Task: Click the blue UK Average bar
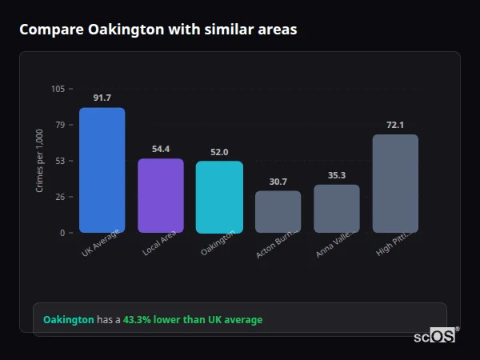point(102,170)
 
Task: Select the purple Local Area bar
point(161,196)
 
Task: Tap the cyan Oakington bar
point(219,198)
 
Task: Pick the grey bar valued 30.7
point(278,212)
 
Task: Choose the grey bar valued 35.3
point(337,209)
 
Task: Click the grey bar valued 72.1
point(395,184)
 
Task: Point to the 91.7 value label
point(102,98)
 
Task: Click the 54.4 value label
point(161,149)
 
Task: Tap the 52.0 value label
point(219,152)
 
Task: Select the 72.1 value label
point(395,125)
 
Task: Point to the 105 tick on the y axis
point(58,89)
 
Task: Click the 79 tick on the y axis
point(60,125)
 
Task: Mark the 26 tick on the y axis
point(60,197)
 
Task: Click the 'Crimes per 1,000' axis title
point(39,161)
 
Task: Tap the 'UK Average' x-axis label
point(101,244)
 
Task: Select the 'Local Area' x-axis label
point(160,244)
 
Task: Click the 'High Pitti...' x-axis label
point(394,244)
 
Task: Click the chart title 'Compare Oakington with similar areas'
point(158,30)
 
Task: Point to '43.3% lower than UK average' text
point(192,320)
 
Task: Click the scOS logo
point(435,336)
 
